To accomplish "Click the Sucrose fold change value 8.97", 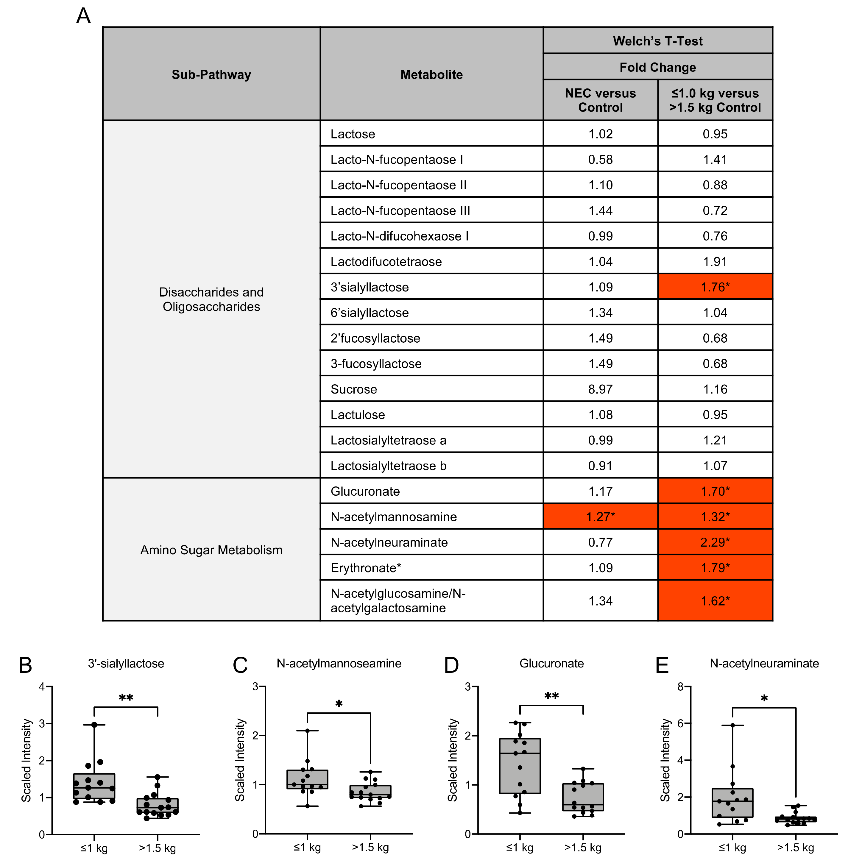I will tap(600, 389).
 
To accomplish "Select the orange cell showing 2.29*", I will tap(715, 542).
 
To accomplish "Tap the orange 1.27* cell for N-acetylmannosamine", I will tap(600, 517).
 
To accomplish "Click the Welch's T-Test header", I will tap(657, 41).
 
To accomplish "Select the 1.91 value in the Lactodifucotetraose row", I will tap(715, 262).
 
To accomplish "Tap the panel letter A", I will tap(84, 16).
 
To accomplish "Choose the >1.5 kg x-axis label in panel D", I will tap(583, 848).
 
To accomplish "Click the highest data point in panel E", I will tap(732, 725).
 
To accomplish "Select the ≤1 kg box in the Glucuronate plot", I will tap(520, 766).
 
